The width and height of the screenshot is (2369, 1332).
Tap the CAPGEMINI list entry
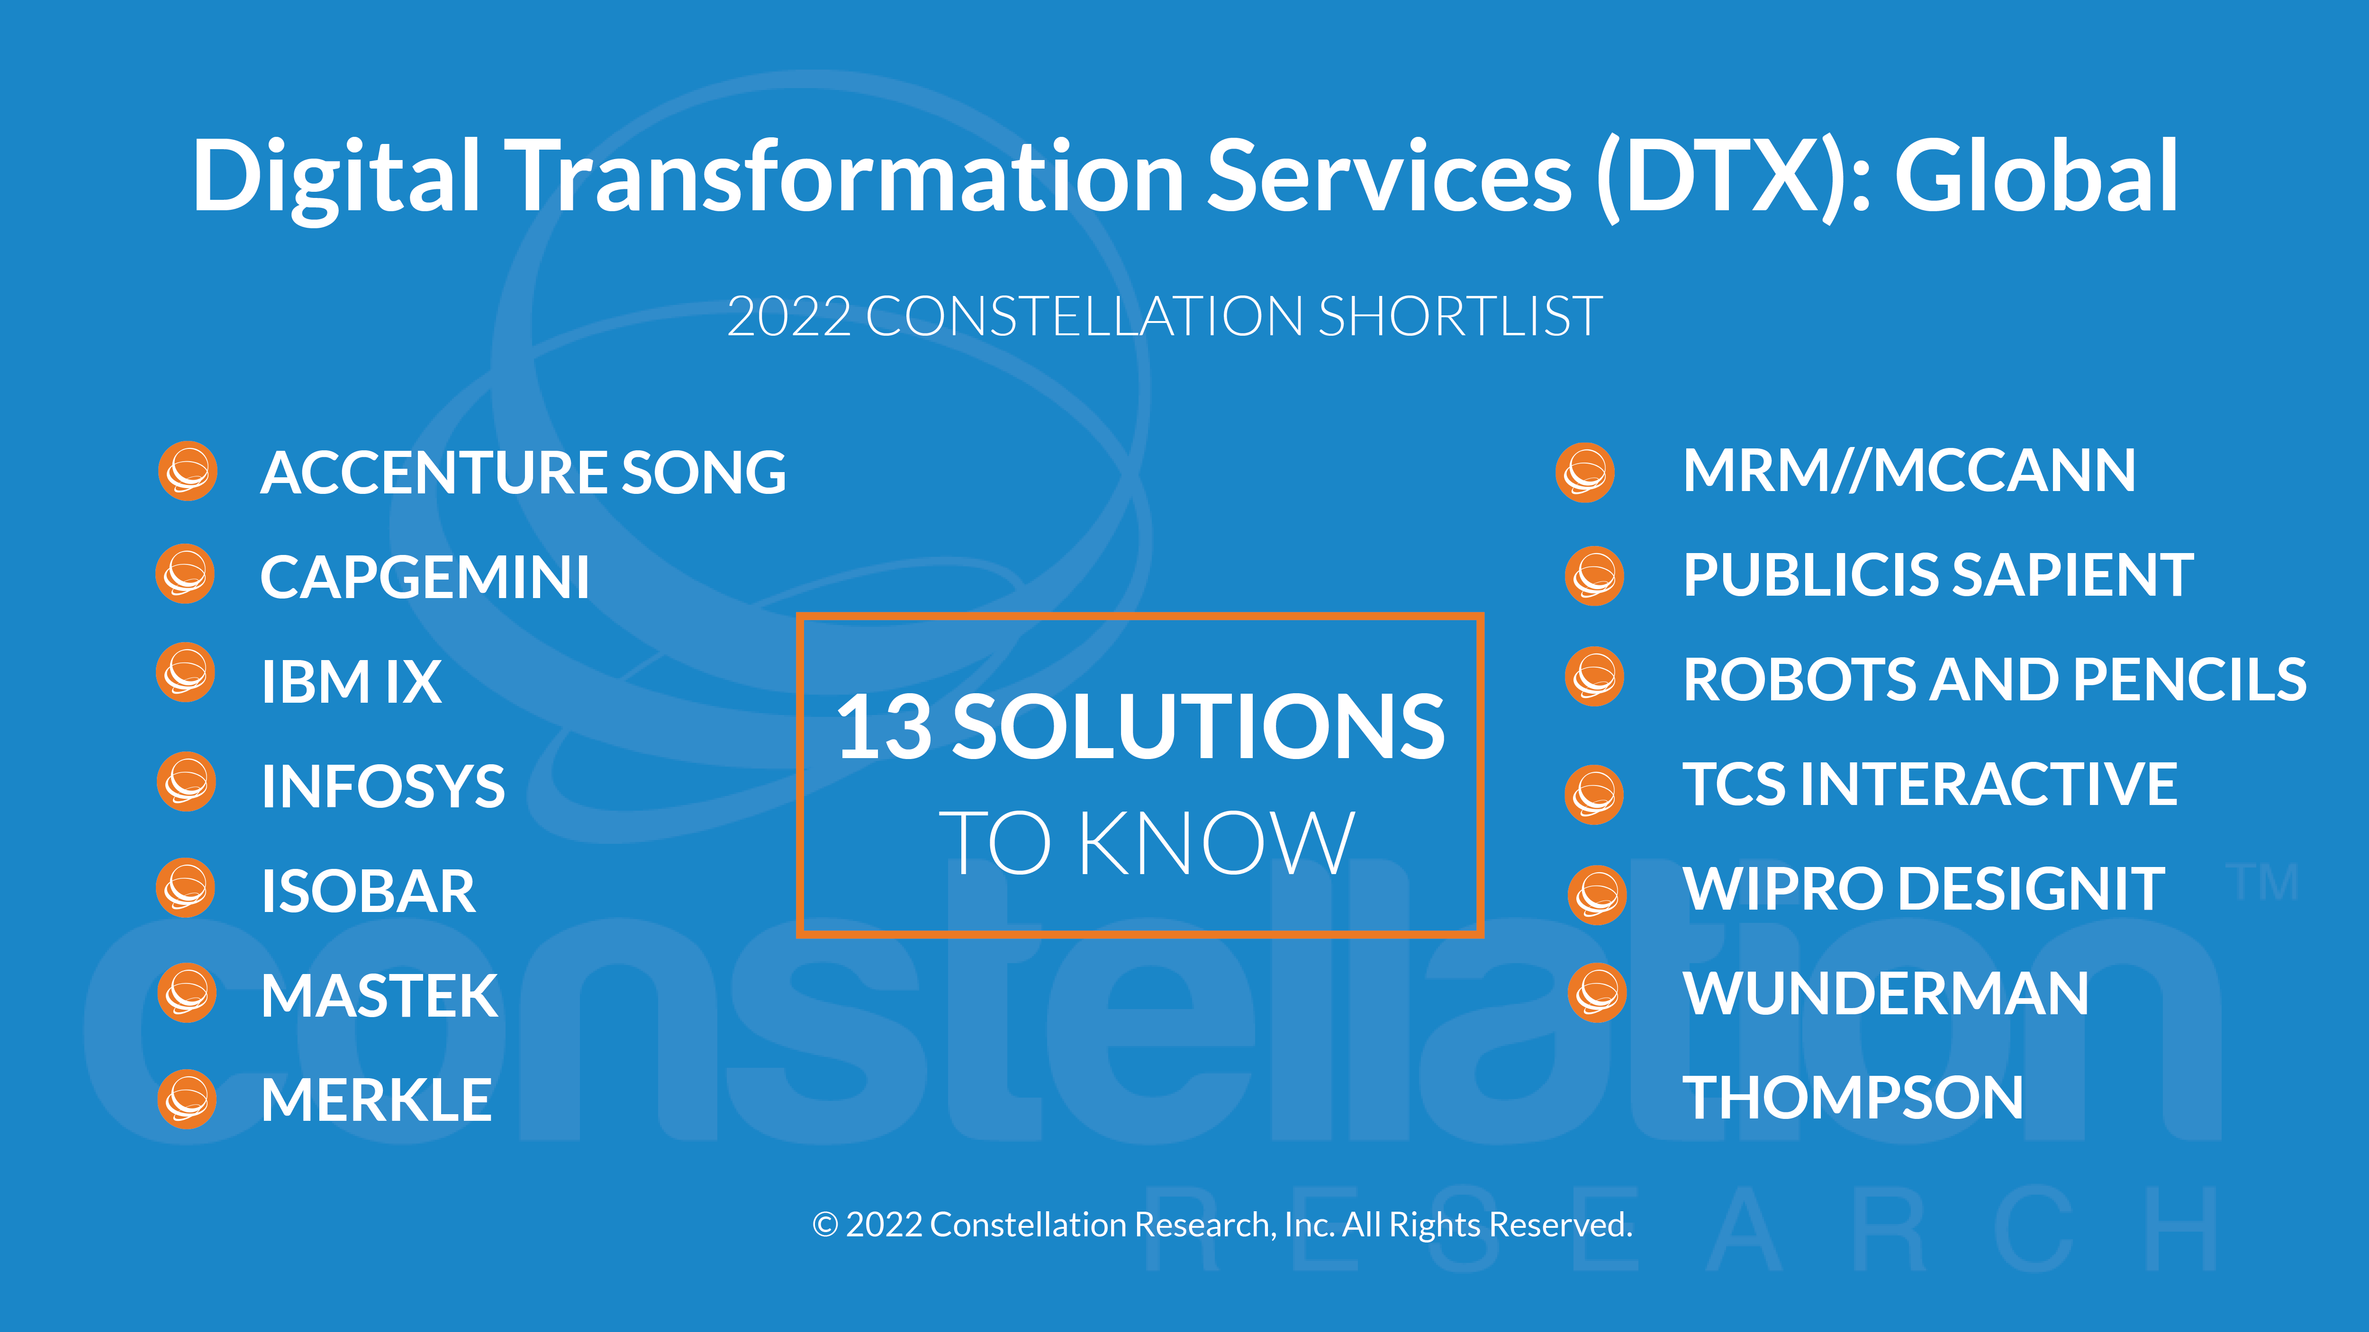pyautogui.click(x=425, y=577)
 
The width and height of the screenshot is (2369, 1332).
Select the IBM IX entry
pyautogui.click(x=351, y=682)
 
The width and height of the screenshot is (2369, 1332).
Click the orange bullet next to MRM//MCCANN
pyautogui.click(x=1584, y=473)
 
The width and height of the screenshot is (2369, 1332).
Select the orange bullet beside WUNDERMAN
pyautogui.click(x=1598, y=993)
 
